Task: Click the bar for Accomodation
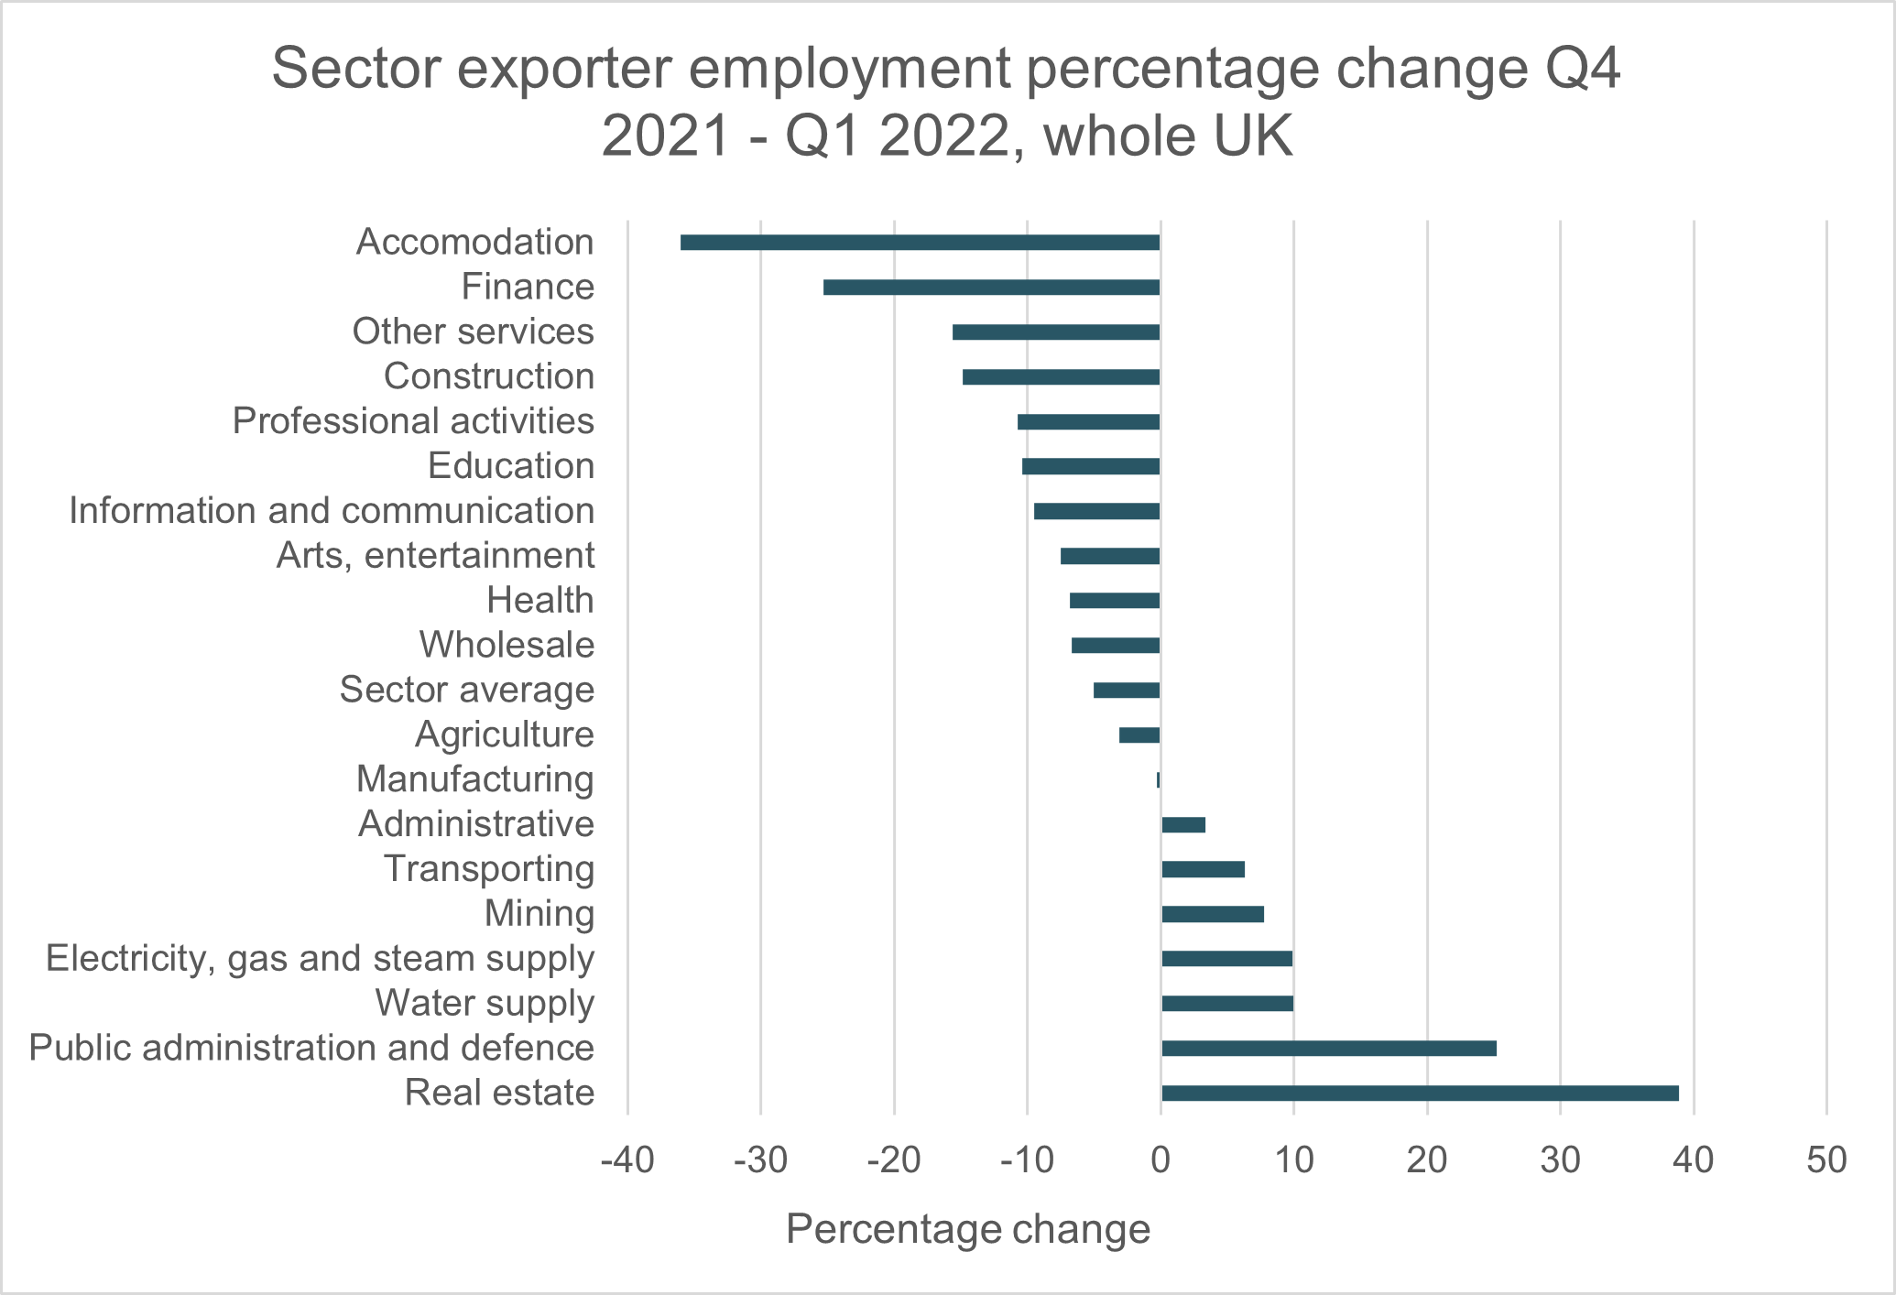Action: coord(920,243)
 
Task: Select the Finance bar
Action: coord(991,288)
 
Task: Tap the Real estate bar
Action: coord(1420,1093)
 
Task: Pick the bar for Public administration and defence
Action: coord(1328,1048)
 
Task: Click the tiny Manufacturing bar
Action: coord(1159,779)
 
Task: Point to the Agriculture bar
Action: coord(1139,735)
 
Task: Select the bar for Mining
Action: coord(1213,914)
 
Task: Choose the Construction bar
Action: coord(1061,376)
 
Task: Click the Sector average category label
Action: coord(467,690)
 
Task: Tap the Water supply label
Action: coord(485,1003)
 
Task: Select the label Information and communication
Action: coord(332,511)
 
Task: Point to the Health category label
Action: coord(540,601)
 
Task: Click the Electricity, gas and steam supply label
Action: coord(321,958)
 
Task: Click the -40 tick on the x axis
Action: coord(627,1160)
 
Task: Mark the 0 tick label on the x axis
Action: coord(1160,1160)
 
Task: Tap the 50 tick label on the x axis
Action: coord(1826,1160)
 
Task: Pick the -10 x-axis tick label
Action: coord(1027,1160)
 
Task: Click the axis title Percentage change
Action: coord(968,1229)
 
